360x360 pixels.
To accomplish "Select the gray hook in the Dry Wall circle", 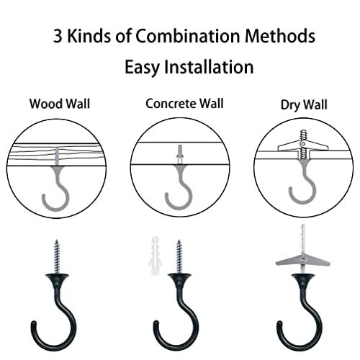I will pyautogui.click(x=301, y=189).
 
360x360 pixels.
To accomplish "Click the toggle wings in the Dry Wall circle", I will pyautogui.click(x=300, y=146).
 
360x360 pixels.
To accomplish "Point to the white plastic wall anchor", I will pyautogui.click(x=153, y=248).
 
